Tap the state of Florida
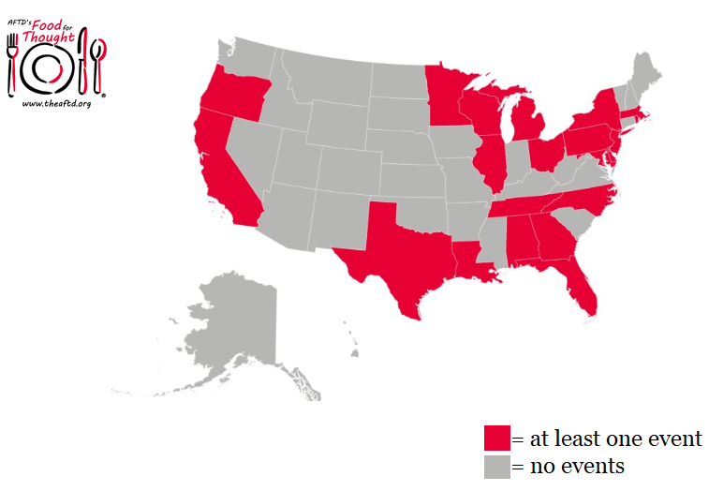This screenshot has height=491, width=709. point(580,285)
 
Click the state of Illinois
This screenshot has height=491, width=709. point(490,163)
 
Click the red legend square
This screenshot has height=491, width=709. point(497,439)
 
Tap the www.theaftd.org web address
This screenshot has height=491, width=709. point(55,103)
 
